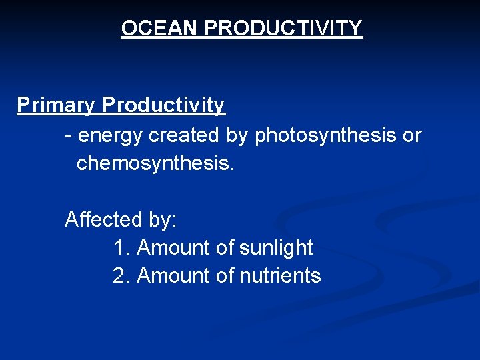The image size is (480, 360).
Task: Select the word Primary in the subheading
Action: tap(57, 106)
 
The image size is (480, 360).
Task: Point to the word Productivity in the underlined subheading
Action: tap(164, 106)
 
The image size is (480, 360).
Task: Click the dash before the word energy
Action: tap(68, 135)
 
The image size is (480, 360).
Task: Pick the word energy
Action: tap(111, 135)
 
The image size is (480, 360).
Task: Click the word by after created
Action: tap(237, 135)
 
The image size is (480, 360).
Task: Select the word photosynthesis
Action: tap(326, 135)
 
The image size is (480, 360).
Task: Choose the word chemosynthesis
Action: tap(156, 163)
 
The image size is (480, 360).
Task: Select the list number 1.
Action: tap(121, 248)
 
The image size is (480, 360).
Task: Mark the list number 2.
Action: tap(121, 276)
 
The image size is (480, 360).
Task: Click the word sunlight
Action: tap(275, 248)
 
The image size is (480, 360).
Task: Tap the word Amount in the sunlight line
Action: tap(173, 248)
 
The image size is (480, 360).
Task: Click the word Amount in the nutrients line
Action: tap(173, 276)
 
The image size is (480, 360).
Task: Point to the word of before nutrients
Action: tap(225, 276)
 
